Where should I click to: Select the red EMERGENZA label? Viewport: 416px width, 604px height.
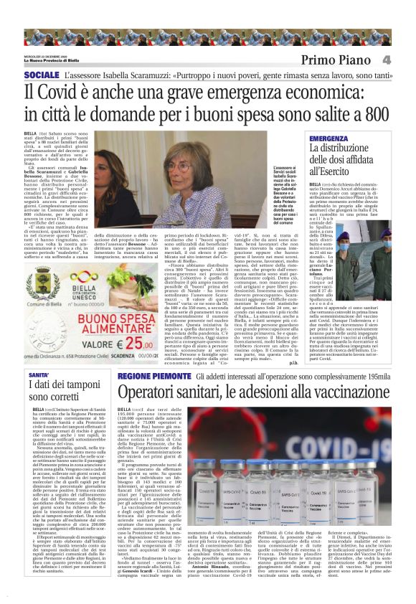(349, 138)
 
